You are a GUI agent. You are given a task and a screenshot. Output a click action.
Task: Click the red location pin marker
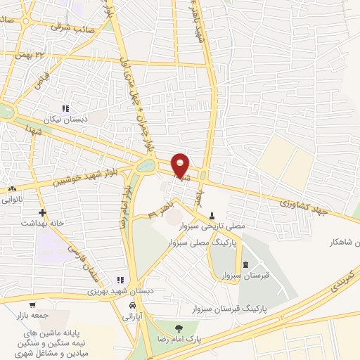pos(181,166)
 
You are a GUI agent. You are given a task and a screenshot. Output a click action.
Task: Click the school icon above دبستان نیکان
pos(65,109)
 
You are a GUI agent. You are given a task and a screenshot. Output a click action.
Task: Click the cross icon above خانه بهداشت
pos(43,212)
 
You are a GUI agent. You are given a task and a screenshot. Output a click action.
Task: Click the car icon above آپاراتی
pos(132,306)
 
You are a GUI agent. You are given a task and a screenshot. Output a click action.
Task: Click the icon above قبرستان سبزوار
pos(245,264)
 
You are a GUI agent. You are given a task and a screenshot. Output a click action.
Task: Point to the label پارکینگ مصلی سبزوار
pos(204,242)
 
